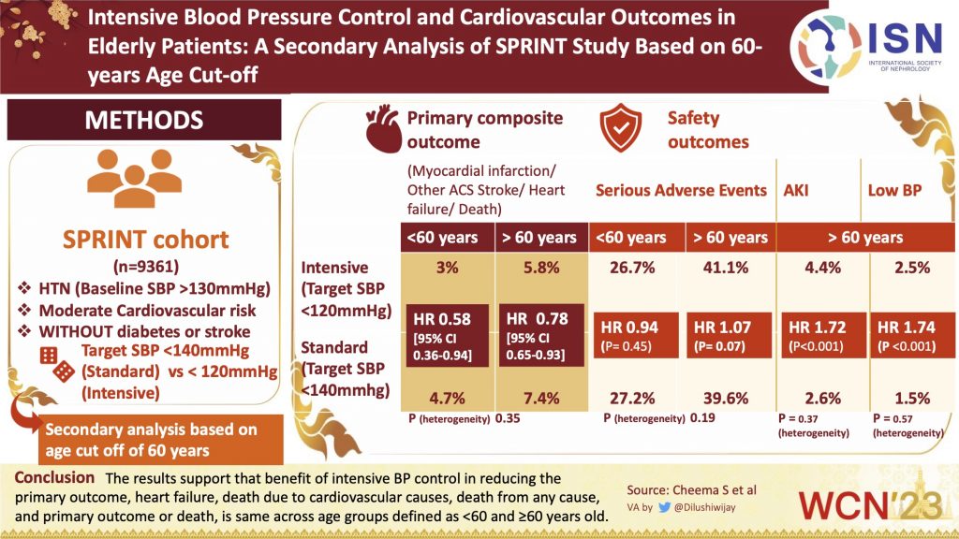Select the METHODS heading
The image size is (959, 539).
(x=144, y=120)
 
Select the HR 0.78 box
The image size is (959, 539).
(x=541, y=335)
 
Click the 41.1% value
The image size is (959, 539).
(x=727, y=268)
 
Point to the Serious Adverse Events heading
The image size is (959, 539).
(x=681, y=190)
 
